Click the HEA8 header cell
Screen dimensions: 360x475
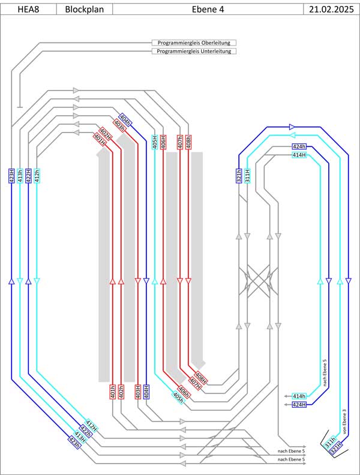point(28,9)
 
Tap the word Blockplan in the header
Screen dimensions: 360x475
point(84,9)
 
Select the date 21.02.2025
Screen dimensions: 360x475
point(331,9)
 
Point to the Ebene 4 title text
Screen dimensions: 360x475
point(208,9)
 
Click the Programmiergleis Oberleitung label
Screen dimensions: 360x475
point(194,43)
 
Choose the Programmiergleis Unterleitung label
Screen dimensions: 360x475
point(194,51)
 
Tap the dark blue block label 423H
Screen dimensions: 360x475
point(11,176)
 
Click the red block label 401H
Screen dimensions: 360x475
point(100,139)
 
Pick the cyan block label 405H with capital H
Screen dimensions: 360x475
point(155,142)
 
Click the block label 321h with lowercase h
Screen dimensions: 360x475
point(239,176)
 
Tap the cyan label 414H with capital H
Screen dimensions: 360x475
point(299,155)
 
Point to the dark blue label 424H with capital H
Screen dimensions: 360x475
point(299,404)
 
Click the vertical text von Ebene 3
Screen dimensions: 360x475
point(344,422)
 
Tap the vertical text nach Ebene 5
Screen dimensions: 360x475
point(325,373)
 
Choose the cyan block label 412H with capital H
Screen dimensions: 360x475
point(91,426)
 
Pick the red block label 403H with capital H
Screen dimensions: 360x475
point(138,392)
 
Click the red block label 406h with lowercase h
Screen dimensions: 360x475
point(184,392)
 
